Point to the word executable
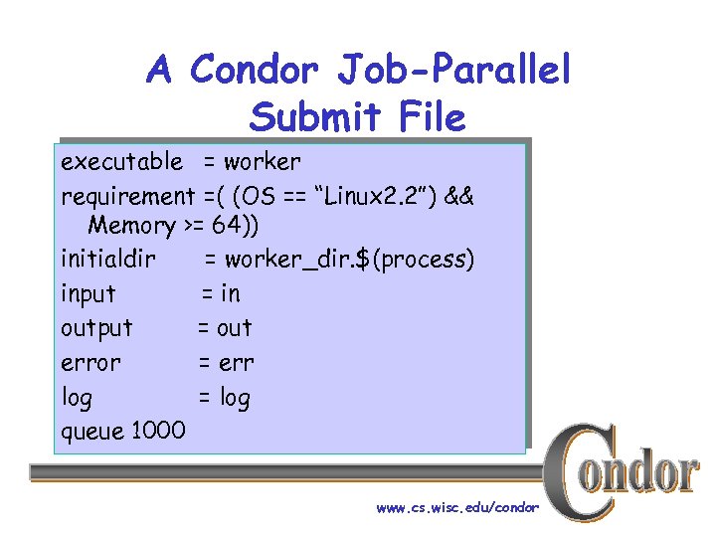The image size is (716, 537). point(121,161)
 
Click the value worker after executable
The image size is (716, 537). point(262,161)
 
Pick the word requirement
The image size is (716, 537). point(127,195)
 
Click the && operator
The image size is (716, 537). point(460,195)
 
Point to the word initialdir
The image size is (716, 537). point(108,260)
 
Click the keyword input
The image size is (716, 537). point(88,294)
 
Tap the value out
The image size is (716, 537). point(235,328)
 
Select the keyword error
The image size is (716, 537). point(90,363)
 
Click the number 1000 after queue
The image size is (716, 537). point(156,431)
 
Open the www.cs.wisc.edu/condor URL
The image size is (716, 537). point(457,507)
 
